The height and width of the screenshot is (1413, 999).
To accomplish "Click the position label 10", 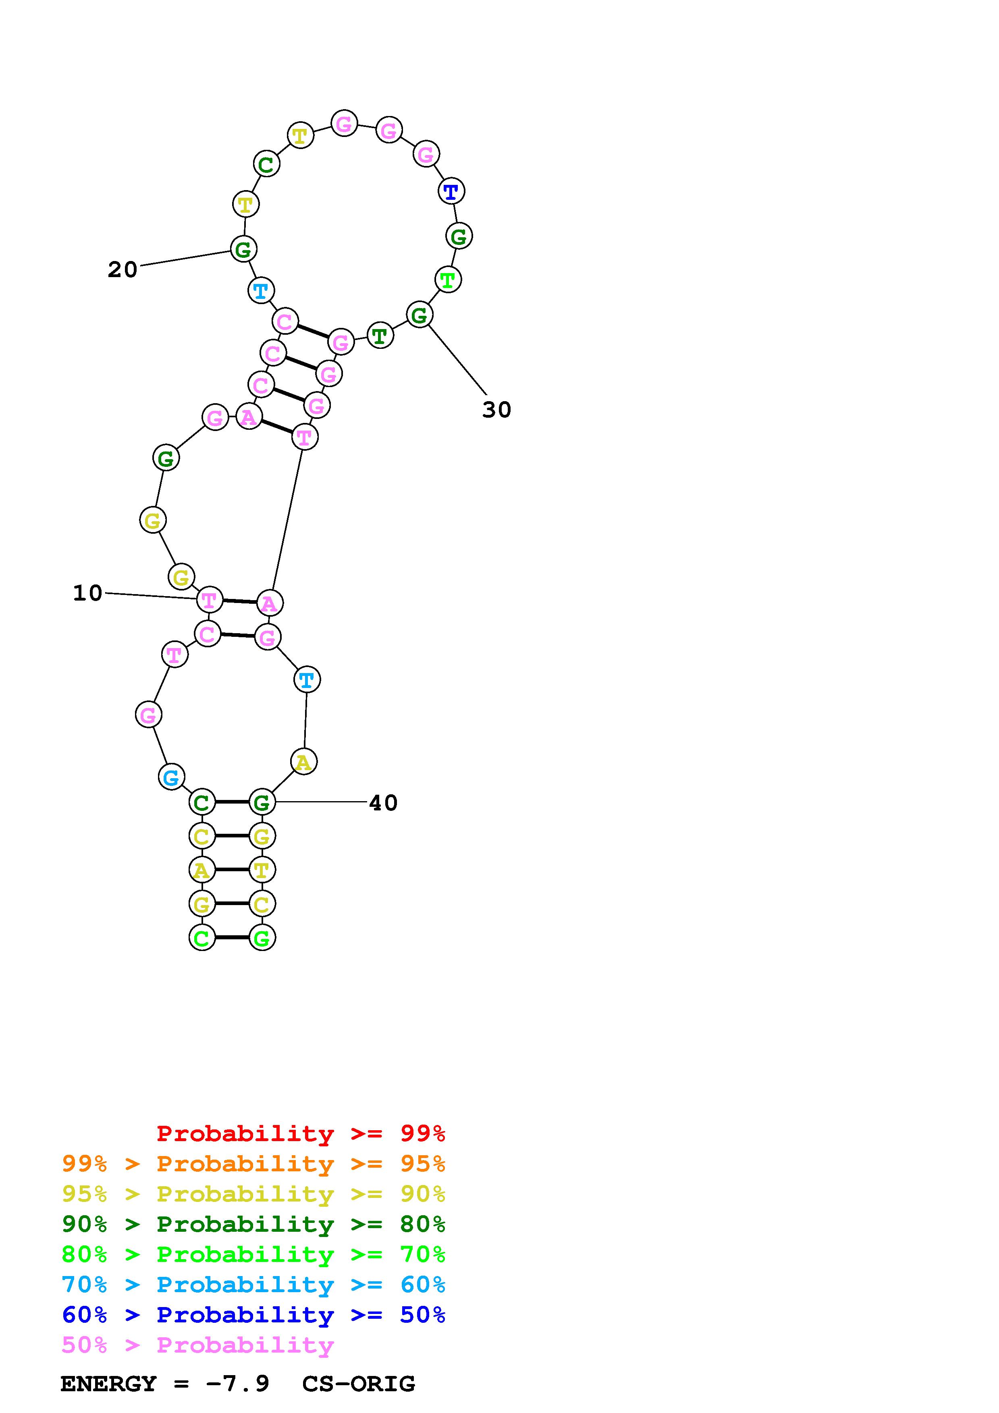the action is pos(87,593).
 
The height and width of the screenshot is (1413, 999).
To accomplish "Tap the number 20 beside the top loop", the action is pos(123,269).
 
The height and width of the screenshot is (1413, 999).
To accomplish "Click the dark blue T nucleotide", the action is pos(451,191).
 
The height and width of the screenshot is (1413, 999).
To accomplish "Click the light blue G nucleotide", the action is pos(172,777).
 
